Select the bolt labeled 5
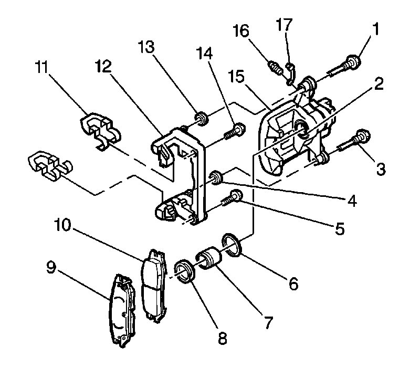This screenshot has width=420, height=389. [x=232, y=198]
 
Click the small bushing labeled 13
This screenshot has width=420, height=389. [x=201, y=117]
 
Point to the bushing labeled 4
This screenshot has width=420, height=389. [x=215, y=177]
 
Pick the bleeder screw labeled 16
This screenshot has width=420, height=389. [x=276, y=67]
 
